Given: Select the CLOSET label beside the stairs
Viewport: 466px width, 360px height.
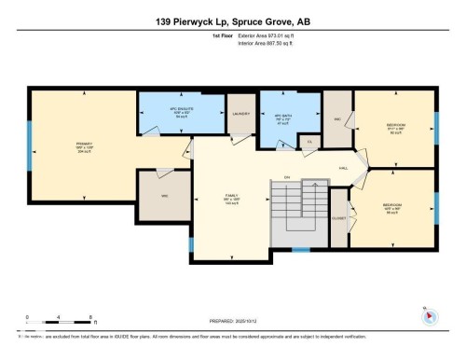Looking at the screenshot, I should pos(339,218).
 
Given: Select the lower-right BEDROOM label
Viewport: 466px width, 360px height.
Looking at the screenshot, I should pos(391,205).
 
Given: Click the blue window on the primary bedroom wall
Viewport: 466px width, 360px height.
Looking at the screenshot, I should pos(31,145).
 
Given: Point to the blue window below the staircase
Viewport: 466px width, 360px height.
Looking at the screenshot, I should pos(300,249).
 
